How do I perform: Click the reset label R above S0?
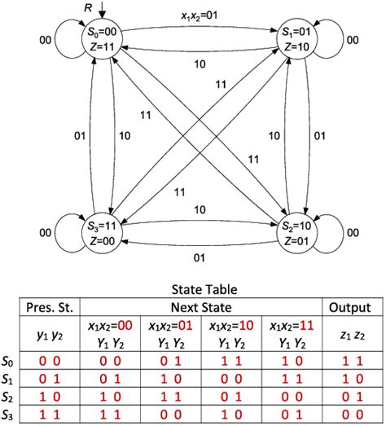[x=88, y=7]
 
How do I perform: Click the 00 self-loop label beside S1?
[x=351, y=38]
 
